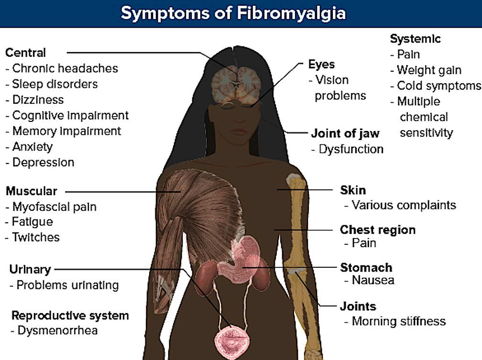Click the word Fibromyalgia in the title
(x=290, y=13)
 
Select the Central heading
(x=26, y=53)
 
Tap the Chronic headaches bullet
(x=65, y=68)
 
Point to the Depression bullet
(x=43, y=163)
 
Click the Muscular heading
(x=32, y=192)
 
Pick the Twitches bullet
(x=36, y=238)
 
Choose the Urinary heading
(x=30, y=270)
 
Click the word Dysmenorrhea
(x=57, y=330)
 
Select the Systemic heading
(x=415, y=39)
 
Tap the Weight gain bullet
(x=429, y=71)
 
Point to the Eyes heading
(x=321, y=65)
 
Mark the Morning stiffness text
(x=399, y=321)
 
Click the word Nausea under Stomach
(x=373, y=280)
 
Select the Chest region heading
(x=378, y=230)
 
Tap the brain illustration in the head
(x=236, y=81)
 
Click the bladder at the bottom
(x=234, y=340)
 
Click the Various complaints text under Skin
(x=404, y=206)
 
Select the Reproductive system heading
(x=70, y=316)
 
